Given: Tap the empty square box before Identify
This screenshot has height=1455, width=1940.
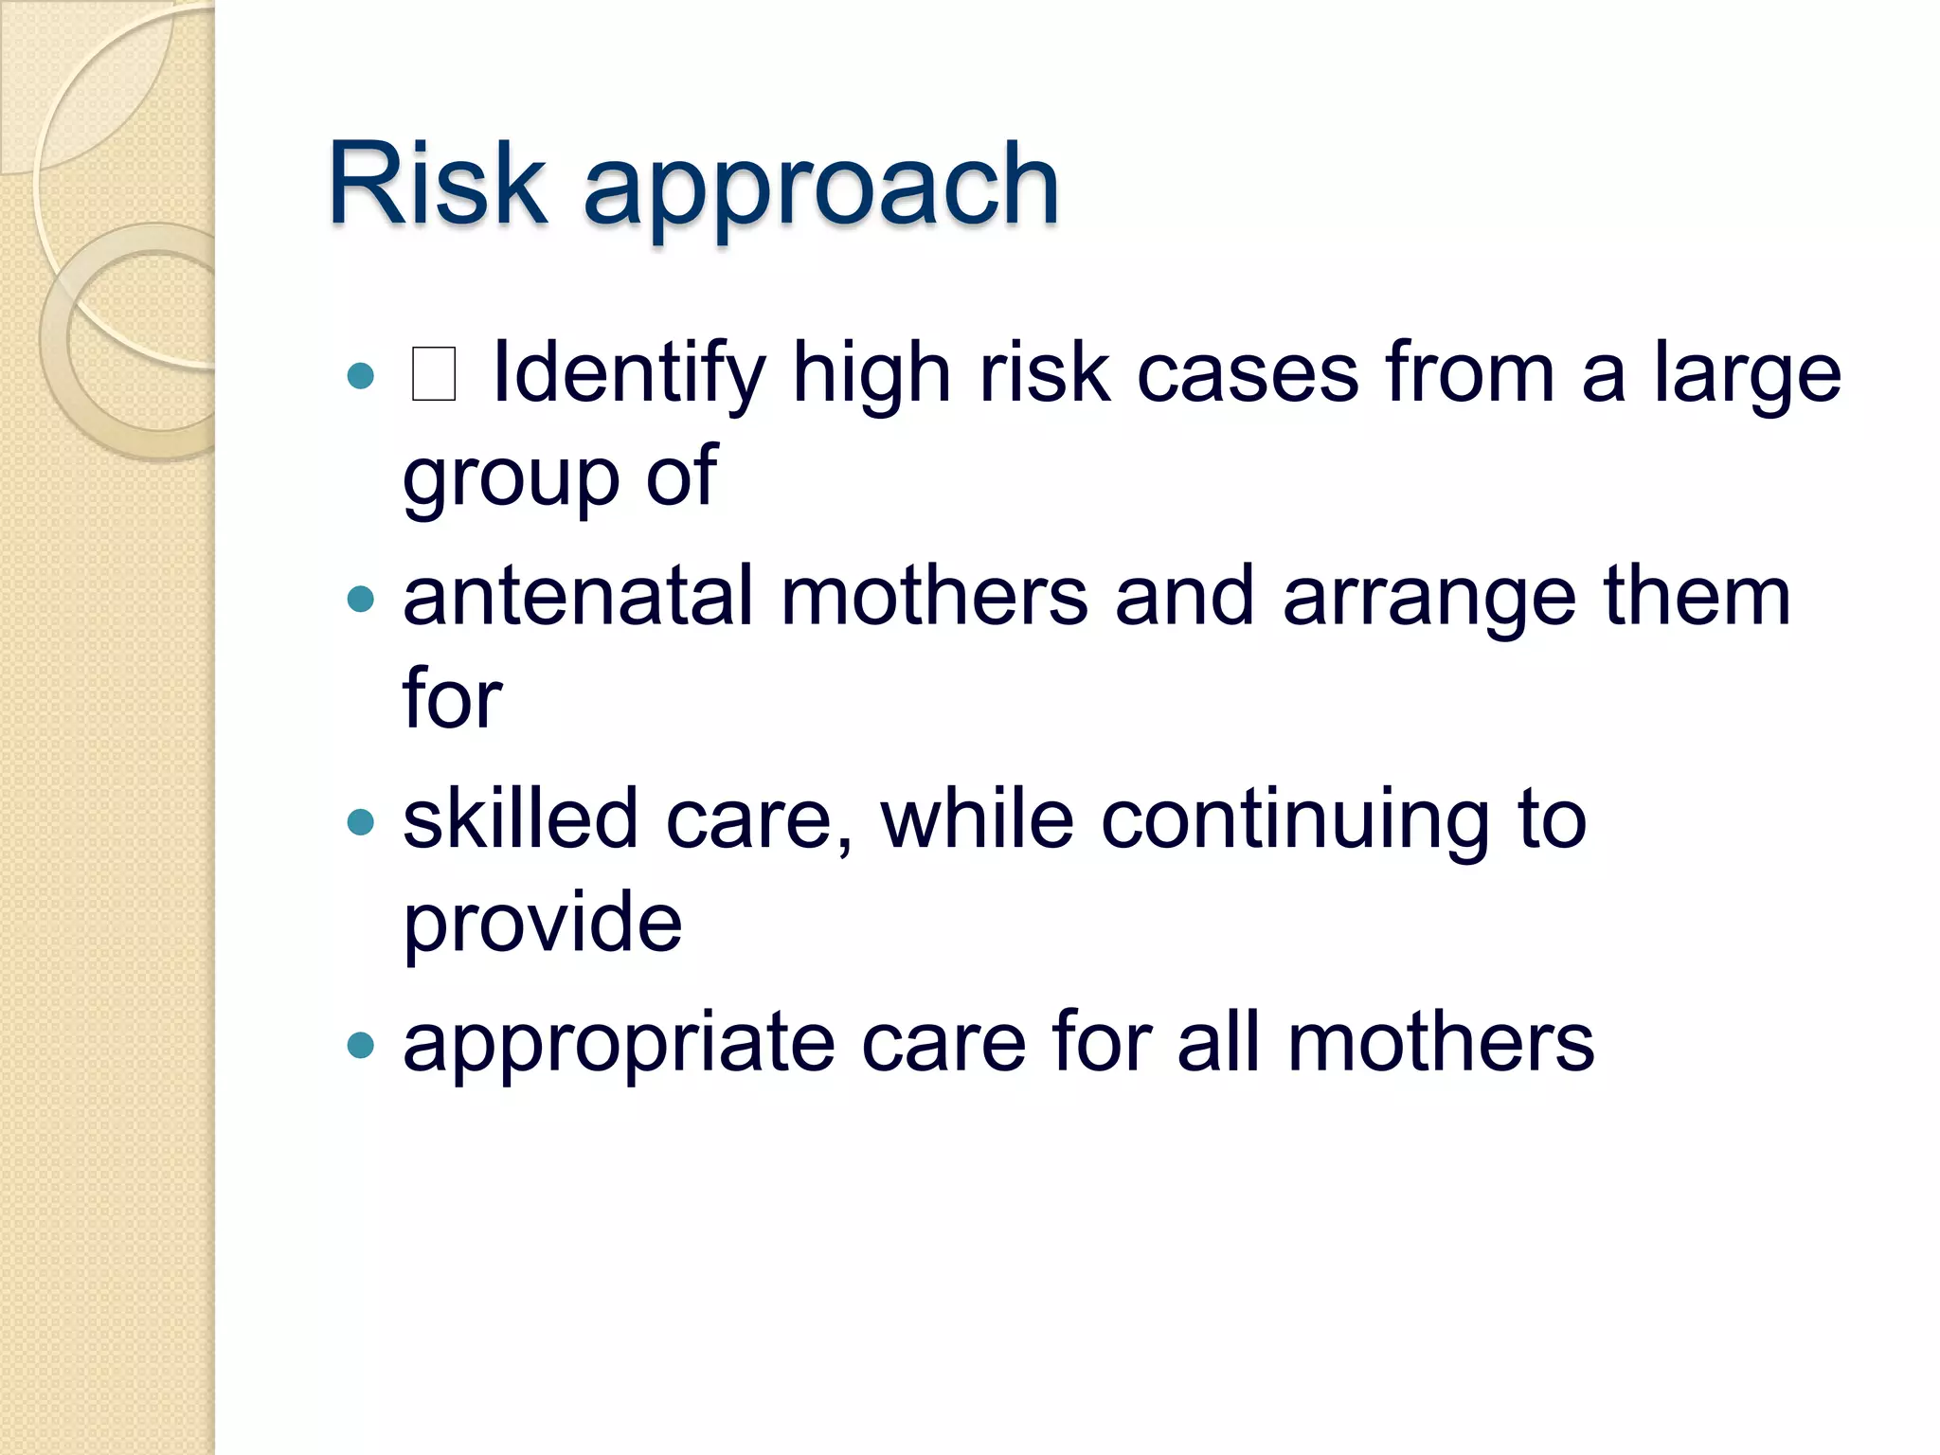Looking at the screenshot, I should point(434,374).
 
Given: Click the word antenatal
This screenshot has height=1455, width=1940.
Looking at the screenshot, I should point(577,597).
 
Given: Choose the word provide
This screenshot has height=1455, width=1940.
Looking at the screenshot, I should point(542,924).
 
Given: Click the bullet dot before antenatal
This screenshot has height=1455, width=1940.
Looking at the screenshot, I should point(360,599).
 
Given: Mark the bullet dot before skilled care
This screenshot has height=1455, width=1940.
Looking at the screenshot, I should point(360,820).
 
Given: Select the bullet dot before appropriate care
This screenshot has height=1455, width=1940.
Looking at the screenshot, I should point(360,1044).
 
